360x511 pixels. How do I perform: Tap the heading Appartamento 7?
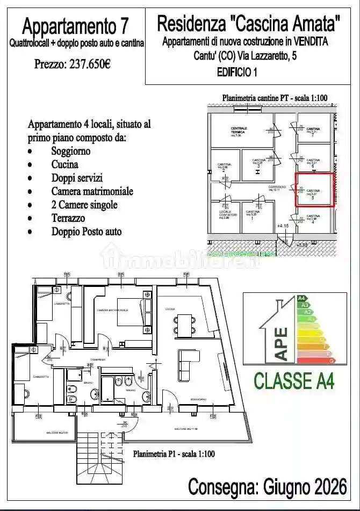coord(76,25)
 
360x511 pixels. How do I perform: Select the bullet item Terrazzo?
coord(68,218)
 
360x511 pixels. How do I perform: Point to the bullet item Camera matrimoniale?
coord(92,191)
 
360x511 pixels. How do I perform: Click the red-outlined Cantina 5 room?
coord(315,190)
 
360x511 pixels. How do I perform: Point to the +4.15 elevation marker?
coord(283,226)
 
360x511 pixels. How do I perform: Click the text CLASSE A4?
coord(294,380)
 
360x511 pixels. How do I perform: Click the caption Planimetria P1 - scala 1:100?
coord(174,454)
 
